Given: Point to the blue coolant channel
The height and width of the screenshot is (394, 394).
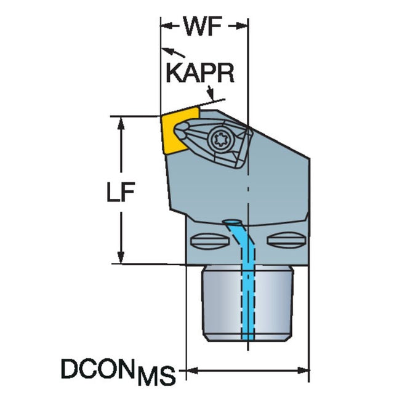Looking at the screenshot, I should [246, 283].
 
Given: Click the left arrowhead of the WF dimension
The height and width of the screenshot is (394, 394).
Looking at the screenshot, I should [166, 26].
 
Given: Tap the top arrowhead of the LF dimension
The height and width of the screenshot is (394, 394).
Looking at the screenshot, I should [121, 121].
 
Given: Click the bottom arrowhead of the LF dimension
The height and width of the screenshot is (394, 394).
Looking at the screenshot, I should [121, 260].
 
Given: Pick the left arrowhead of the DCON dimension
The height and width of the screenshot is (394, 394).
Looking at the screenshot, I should [191, 371].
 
